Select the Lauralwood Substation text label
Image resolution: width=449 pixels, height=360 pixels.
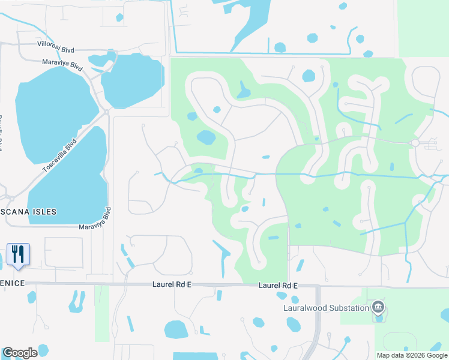pos(326,308)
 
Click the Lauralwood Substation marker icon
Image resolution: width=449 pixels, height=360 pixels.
pos(378,308)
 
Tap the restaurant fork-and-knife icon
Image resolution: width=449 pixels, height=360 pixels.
pos(17,254)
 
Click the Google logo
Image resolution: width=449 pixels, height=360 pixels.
pos(20,352)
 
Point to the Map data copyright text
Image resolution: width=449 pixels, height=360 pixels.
pos(411,355)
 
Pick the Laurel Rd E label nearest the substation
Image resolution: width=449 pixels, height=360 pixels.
pos(278,286)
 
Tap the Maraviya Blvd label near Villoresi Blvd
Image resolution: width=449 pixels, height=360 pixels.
pos(62,65)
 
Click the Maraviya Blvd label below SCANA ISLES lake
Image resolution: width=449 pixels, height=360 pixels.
pos(95,220)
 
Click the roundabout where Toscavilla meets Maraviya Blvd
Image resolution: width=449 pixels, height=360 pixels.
pos(107,112)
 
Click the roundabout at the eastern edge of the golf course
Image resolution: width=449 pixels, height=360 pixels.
pos(414,142)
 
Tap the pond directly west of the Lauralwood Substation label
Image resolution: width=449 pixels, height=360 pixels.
pos(294,325)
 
